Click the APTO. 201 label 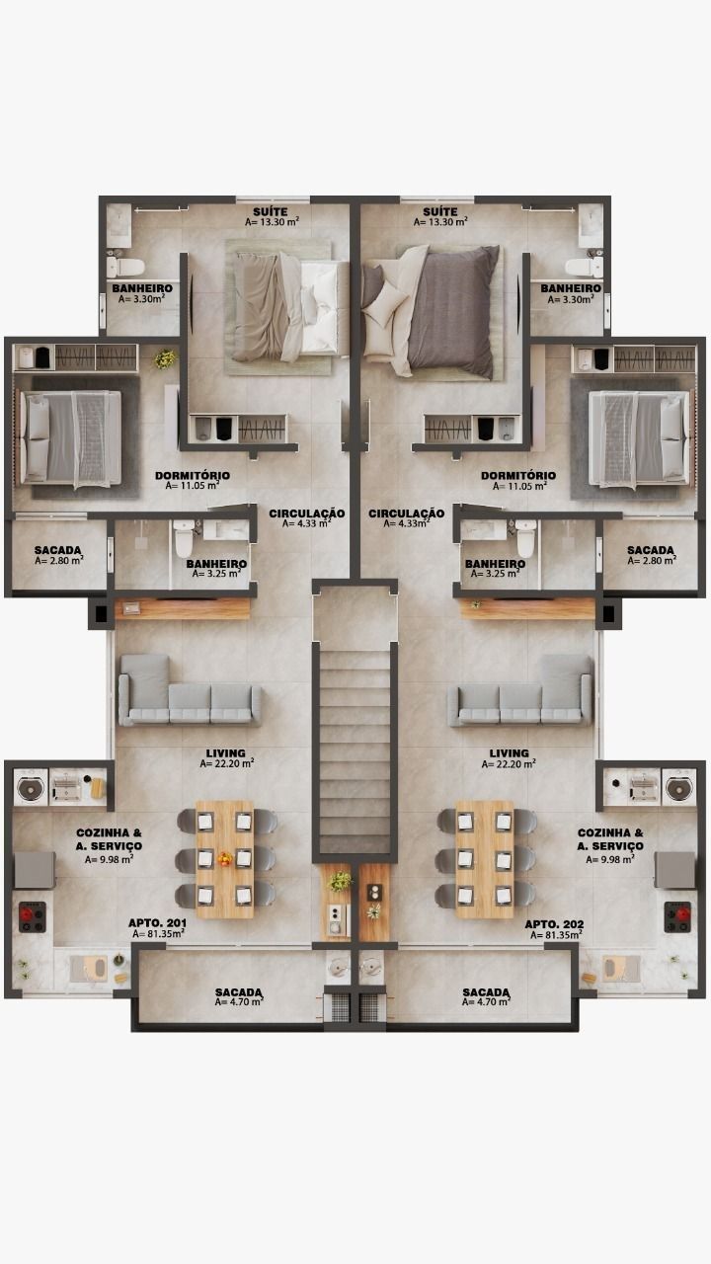[157, 923]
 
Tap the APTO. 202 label [554, 924]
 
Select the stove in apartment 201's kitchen [33, 917]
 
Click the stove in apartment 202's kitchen [677, 917]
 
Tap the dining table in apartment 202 [485, 859]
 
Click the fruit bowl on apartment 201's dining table [224, 859]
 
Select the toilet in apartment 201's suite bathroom [125, 266]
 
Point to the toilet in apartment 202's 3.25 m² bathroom [525, 538]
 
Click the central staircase [355, 750]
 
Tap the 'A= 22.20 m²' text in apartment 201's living [227, 763]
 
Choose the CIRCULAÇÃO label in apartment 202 [406, 513]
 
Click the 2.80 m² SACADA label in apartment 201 [58, 550]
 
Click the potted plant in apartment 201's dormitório [165, 358]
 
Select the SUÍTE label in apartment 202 [440, 211]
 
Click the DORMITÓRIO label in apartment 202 [518, 476]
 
